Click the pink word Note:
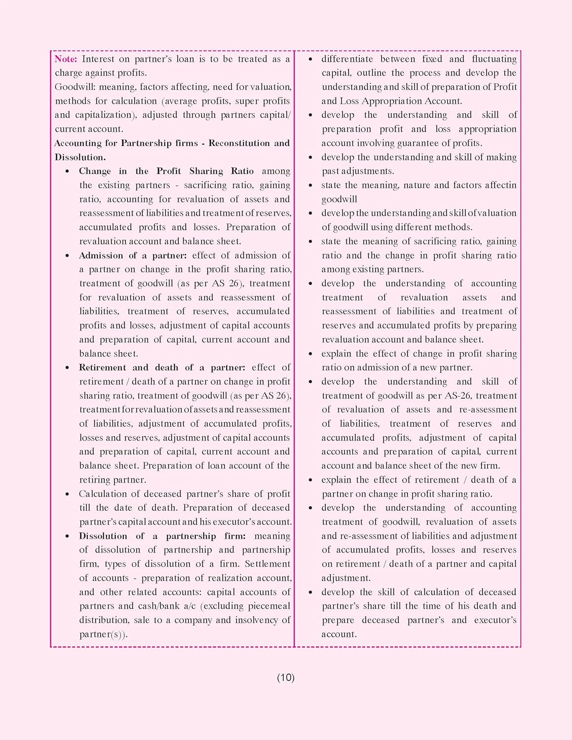click(66, 59)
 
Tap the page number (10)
click(285, 677)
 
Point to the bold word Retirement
click(102, 368)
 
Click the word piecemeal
click(269, 606)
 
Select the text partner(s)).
click(104, 634)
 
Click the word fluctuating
click(494, 59)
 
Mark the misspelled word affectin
click(497, 185)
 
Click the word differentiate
click(347, 59)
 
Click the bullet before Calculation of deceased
click(67, 494)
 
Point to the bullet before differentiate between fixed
click(310, 59)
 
